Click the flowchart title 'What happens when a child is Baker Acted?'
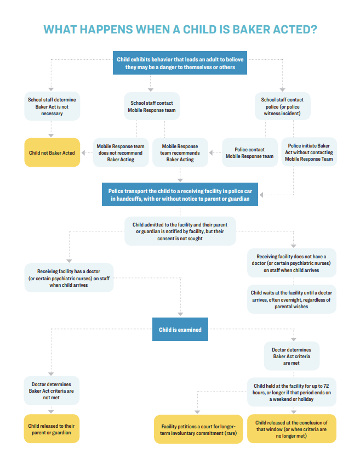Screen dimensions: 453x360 pos(180,29)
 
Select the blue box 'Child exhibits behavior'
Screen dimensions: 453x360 pos(180,63)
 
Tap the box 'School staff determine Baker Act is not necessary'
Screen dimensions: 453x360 pos(53,106)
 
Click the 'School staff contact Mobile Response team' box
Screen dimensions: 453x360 pos(152,106)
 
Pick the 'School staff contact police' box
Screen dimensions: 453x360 pos(282,106)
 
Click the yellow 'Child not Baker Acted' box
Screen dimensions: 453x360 pos(53,152)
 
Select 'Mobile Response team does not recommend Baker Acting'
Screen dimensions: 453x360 pos(121,152)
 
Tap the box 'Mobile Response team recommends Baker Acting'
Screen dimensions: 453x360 pos(180,152)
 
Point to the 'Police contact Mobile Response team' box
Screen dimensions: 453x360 pos(249,152)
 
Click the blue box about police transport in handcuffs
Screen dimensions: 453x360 pos(180,195)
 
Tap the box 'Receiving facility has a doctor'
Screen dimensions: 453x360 pos(70,278)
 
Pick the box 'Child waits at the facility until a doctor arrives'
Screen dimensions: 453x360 pos(292,299)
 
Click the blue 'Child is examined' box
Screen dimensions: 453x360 pos(180,330)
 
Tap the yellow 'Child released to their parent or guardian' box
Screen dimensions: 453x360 pos(52,428)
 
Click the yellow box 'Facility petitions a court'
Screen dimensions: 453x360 pos(198,429)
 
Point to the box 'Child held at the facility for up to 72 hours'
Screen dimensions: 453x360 pos(292,392)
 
